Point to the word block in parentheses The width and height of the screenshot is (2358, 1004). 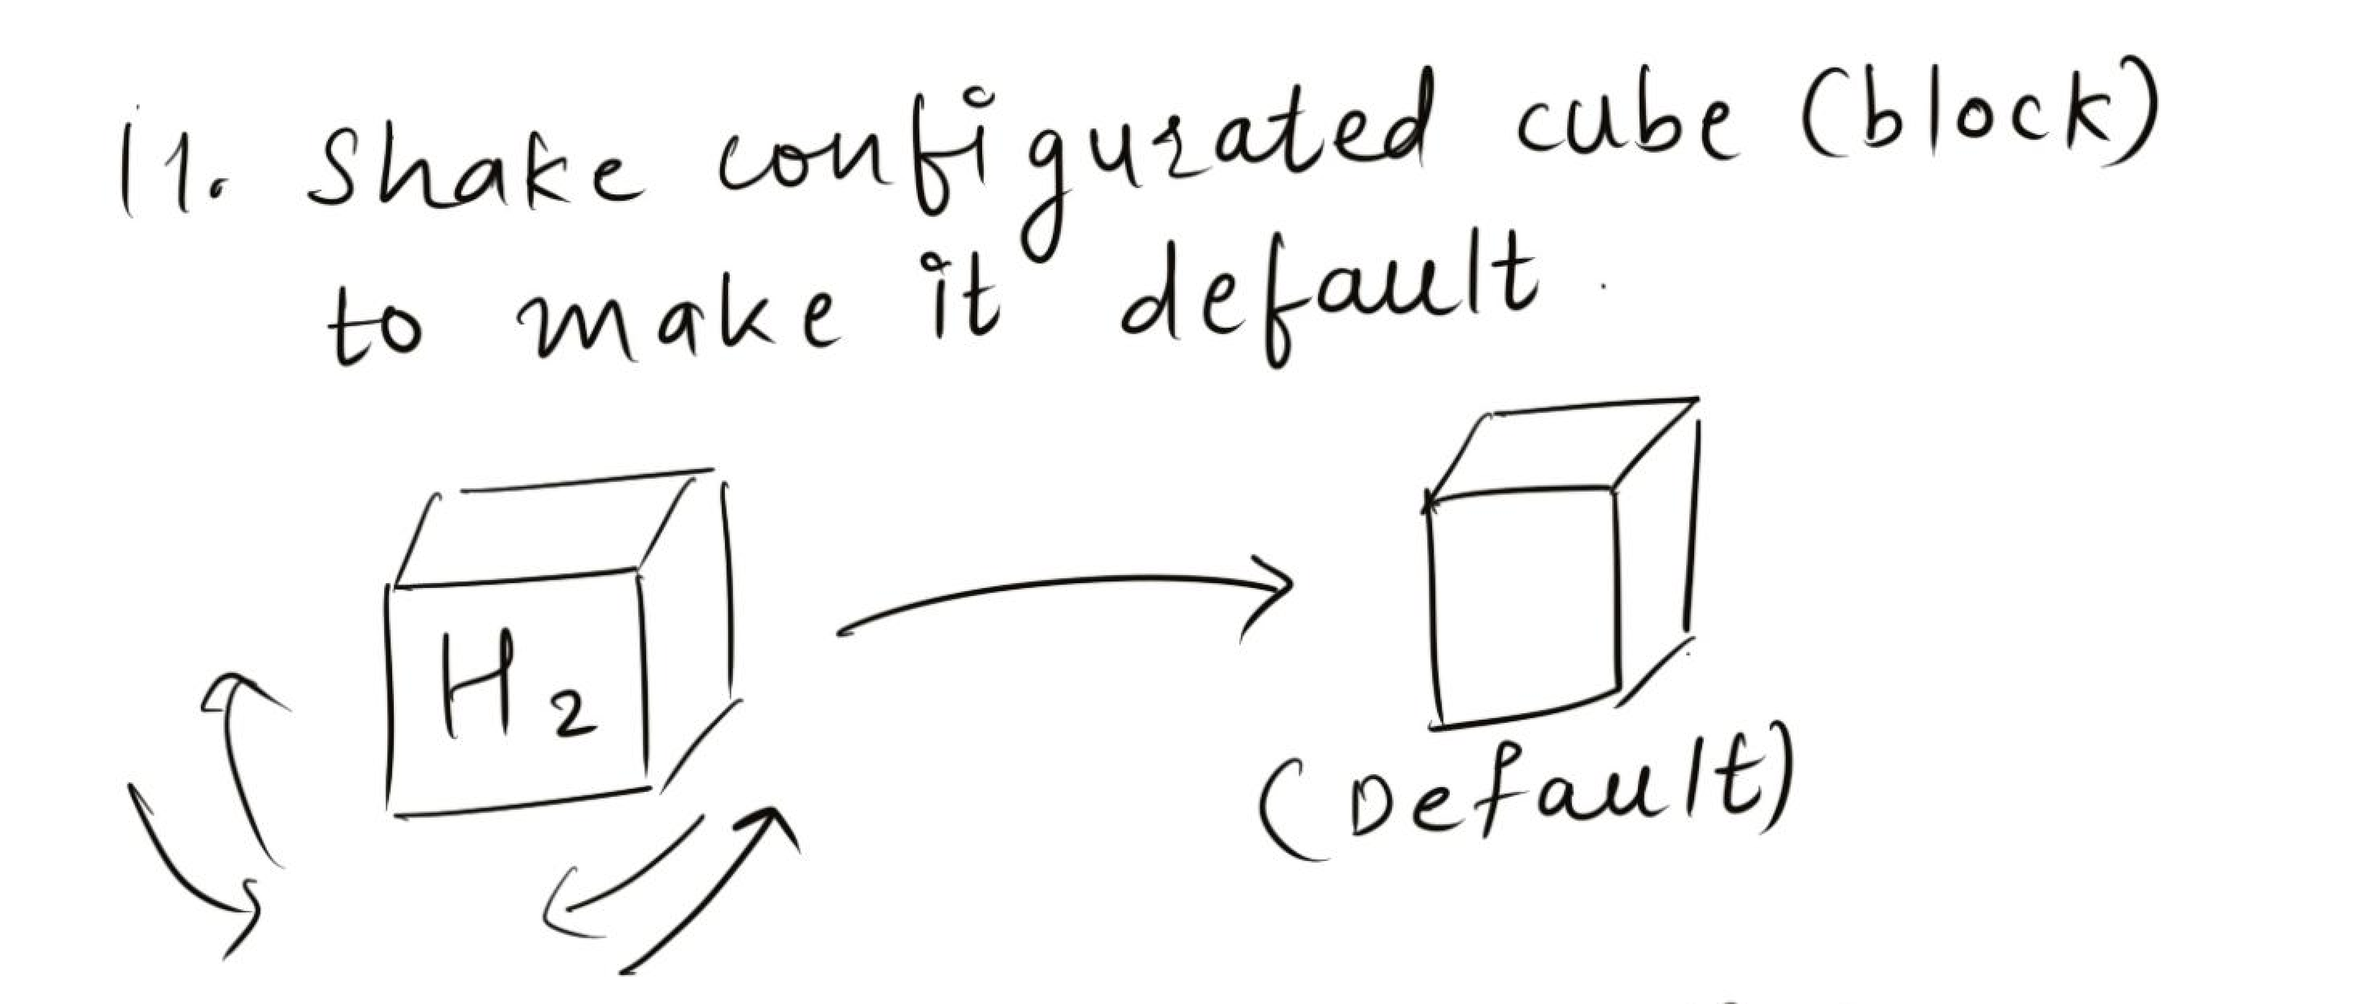pyautogui.click(x=1977, y=119)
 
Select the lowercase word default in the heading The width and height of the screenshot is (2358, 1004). pyautogui.click(x=1328, y=293)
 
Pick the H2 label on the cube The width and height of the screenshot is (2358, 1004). pyautogui.click(x=518, y=687)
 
